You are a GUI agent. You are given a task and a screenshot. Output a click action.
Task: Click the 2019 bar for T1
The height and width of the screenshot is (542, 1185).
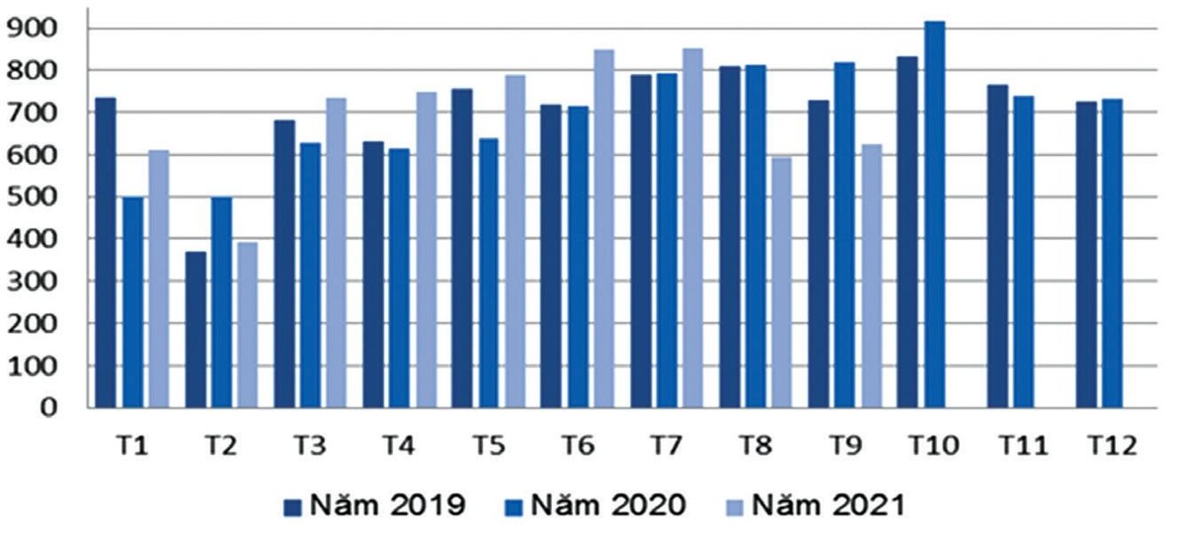(x=106, y=252)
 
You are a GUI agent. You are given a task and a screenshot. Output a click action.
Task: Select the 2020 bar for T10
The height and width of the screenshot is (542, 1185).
(x=934, y=214)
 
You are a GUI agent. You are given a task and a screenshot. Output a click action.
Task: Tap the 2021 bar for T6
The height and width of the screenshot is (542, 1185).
(x=603, y=228)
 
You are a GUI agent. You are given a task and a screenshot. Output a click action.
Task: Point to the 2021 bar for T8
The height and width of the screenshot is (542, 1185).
(x=781, y=282)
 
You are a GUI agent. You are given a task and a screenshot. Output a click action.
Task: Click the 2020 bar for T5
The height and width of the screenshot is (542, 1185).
(x=489, y=272)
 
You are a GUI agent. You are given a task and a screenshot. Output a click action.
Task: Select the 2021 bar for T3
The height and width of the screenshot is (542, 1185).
(x=336, y=253)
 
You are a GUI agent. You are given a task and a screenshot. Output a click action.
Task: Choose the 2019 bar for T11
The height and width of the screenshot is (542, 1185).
(x=997, y=246)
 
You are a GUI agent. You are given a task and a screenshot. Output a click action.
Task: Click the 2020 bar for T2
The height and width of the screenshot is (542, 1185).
(x=221, y=302)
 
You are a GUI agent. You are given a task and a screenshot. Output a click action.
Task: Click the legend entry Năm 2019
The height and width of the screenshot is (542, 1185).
(x=375, y=506)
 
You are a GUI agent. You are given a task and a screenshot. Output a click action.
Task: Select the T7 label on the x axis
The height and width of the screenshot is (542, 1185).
(x=667, y=445)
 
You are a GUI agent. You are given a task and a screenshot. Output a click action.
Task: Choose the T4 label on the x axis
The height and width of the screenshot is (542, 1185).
(x=398, y=445)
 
